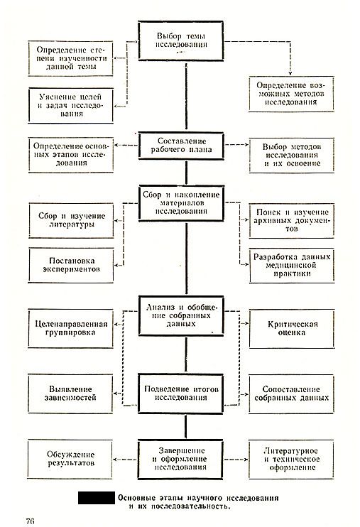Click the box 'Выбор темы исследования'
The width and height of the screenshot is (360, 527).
[x=181, y=40]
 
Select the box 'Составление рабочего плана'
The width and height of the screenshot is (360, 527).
[x=181, y=146]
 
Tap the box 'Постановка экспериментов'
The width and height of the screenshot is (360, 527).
[x=71, y=265]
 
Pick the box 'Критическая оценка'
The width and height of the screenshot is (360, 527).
[x=292, y=329]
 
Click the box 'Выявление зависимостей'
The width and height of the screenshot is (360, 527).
[x=70, y=393]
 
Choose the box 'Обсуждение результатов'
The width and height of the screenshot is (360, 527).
[x=70, y=459]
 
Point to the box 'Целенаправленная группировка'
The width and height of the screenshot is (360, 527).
[x=70, y=328]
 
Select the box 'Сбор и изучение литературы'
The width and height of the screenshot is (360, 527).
[x=71, y=220]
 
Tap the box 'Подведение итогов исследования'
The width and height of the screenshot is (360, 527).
[x=180, y=393]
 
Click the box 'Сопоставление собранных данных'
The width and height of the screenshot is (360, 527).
[x=291, y=394]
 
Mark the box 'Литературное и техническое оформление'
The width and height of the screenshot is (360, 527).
[x=291, y=459]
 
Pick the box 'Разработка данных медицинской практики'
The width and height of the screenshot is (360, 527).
[x=292, y=266]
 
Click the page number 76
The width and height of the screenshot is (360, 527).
[x=31, y=521]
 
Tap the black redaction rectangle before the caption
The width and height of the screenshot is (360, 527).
[x=97, y=498]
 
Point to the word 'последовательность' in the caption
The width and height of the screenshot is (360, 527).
[x=190, y=506]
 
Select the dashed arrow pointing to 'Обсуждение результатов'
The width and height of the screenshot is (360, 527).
[x=126, y=460]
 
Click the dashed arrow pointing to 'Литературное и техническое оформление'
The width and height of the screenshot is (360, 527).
[x=236, y=460]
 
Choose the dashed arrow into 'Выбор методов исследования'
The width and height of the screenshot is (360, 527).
[x=237, y=145]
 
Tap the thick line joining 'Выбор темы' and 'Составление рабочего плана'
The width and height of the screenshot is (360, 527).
[x=186, y=97]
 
